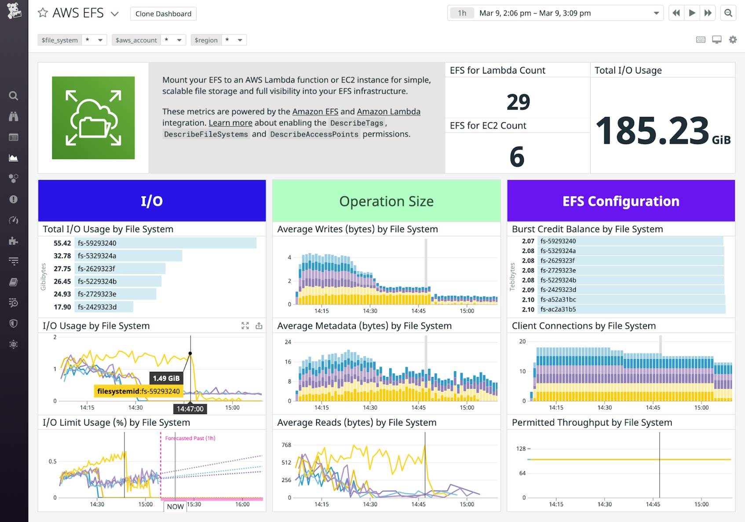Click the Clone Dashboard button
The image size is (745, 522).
(x=163, y=14)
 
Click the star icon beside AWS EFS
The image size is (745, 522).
(x=43, y=13)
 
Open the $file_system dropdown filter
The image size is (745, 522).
(x=73, y=40)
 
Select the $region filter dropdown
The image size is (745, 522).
(x=219, y=40)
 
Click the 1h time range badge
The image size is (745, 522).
(x=462, y=13)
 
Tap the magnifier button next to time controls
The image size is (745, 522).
(x=728, y=13)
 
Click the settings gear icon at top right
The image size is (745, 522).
(x=733, y=40)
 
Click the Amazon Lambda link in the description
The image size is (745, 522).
(x=388, y=112)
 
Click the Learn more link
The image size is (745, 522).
(x=230, y=123)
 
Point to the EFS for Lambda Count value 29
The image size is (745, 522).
(x=518, y=102)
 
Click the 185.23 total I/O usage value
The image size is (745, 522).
(x=652, y=131)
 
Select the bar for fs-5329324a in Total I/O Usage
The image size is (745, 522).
(x=130, y=256)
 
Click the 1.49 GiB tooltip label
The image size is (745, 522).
(x=166, y=378)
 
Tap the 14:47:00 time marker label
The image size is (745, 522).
(x=190, y=409)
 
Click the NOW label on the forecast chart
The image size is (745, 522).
(x=175, y=507)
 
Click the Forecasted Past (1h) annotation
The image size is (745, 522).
(x=190, y=438)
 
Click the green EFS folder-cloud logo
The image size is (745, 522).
(x=93, y=118)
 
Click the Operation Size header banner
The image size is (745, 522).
(x=386, y=201)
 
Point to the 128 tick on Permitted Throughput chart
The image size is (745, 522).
(x=521, y=448)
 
